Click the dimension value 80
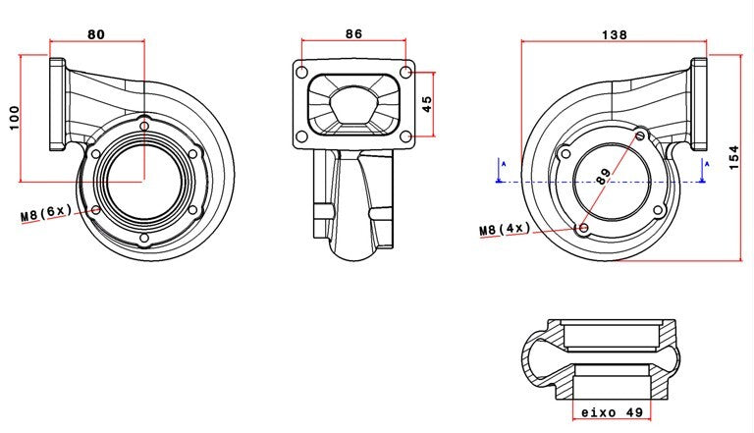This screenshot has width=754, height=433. click(96, 33)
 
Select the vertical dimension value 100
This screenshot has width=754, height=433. click(13, 118)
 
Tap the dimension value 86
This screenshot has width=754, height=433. click(353, 33)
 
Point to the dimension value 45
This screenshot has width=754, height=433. click(426, 103)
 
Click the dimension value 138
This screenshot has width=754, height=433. click(614, 33)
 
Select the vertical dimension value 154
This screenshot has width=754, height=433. click(734, 156)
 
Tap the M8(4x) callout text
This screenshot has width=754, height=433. click(505, 230)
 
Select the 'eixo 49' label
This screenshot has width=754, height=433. click(612, 413)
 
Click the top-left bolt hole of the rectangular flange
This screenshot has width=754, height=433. click(302, 73)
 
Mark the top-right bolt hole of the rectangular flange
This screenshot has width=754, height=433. click(405, 73)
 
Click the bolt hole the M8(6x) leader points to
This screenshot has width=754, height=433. click(95, 209)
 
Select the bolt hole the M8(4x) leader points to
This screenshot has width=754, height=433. click(583, 228)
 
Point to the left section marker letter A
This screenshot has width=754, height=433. click(500, 164)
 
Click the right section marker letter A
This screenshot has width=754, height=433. click(703, 164)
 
